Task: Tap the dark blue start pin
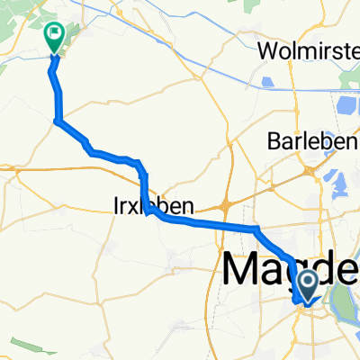(x=308, y=286)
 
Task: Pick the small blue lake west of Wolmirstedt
(x=267, y=85)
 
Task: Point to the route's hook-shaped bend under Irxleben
(x=148, y=212)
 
